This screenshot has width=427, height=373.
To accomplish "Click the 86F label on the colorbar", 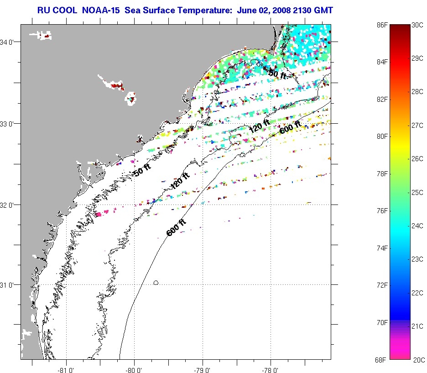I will [380, 25].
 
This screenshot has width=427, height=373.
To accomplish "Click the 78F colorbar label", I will [380, 174].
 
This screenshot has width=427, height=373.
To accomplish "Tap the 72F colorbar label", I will [380, 285].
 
